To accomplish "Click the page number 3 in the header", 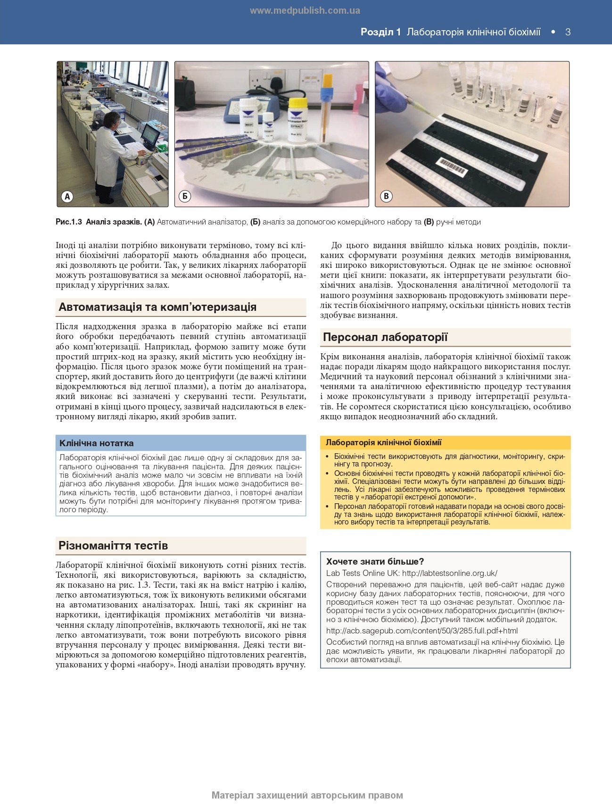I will pos(568,32).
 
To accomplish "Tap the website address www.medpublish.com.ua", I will pos(305,10).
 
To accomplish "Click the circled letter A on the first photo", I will pos(67,196).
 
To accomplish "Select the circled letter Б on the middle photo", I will pos(185,196).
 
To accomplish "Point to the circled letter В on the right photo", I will pos(386,196).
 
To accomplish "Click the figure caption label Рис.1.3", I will pos(69,222).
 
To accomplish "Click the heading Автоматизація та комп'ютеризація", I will pos(157,307).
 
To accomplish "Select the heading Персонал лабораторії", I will pos(385,337).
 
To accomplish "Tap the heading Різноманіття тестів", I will pos(113,546).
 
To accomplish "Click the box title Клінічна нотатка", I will pos(97,443).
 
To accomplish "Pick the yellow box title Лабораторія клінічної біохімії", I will pos(383,442).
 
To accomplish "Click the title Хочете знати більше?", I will pos(375,561).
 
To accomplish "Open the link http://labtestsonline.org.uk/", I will pos(450,573).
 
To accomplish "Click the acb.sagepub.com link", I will pos(422,631).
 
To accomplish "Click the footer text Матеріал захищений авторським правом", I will pos(307,795).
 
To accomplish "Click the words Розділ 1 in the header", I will pos(380,32).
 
